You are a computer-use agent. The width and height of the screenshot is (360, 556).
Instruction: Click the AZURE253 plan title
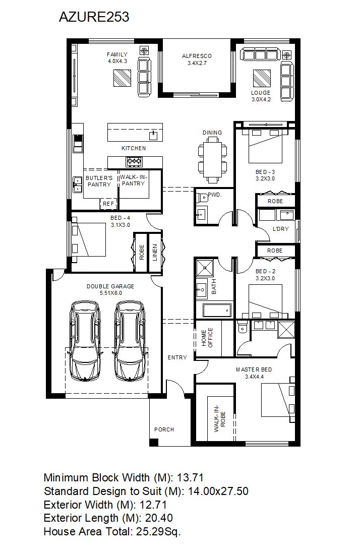coord(94,17)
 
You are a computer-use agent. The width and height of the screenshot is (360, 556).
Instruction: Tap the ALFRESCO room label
coord(197,56)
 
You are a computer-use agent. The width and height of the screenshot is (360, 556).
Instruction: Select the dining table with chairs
coord(212,160)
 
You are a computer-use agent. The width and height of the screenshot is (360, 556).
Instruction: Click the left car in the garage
coord(86,341)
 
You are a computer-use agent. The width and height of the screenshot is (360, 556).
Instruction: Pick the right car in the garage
coord(130,341)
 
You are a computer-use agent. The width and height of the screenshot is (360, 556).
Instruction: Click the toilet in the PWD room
coord(203,197)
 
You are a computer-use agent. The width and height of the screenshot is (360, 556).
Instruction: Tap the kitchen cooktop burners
coord(135,162)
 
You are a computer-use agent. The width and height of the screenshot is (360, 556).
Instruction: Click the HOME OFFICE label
coord(207,338)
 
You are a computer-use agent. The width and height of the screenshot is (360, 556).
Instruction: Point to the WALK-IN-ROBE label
coord(219,418)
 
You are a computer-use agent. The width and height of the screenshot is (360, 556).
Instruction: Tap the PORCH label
coord(164,429)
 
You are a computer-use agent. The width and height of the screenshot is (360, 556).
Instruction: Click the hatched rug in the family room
coord(123,78)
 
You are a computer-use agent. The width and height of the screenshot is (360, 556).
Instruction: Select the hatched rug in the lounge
coord(262,78)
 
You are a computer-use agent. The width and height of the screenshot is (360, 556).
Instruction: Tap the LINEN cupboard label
coord(155,252)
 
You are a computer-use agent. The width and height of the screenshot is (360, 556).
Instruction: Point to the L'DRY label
coord(280,229)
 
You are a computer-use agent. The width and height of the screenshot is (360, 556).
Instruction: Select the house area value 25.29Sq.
coord(158,531)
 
